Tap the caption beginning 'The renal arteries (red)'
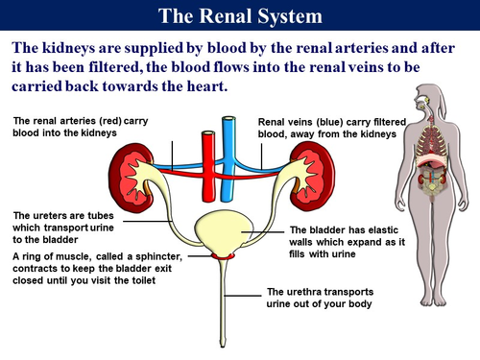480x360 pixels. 77,127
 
